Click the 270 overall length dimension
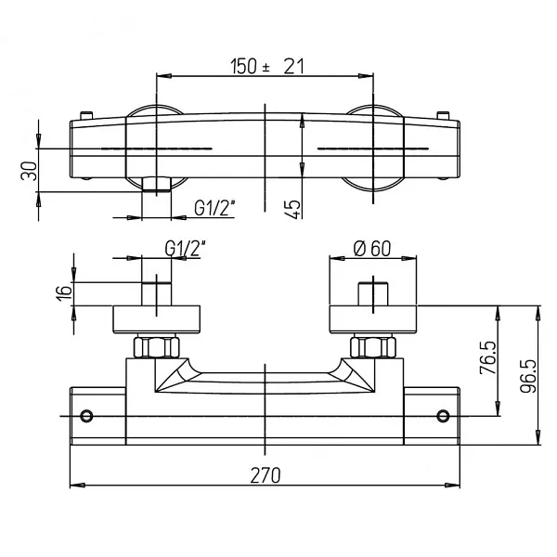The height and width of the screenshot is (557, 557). (x=266, y=475)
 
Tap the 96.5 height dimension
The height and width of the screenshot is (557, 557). (x=528, y=376)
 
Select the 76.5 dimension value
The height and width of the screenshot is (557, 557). (x=488, y=357)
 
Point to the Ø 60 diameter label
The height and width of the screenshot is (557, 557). (x=372, y=249)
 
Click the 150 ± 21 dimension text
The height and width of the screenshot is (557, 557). (x=267, y=67)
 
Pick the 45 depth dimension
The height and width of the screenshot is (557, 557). (x=292, y=209)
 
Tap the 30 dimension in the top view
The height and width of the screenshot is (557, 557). (x=29, y=171)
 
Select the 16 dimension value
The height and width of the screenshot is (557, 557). (x=64, y=293)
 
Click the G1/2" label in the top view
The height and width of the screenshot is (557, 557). (x=215, y=208)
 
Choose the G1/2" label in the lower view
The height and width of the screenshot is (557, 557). (x=186, y=249)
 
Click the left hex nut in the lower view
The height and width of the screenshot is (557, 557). (x=156, y=347)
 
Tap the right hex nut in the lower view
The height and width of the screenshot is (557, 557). (x=373, y=347)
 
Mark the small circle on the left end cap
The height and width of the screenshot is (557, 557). (x=86, y=416)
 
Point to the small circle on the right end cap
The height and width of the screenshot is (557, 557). (x=443, y=416)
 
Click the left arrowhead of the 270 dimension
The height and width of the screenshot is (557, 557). (x=77, y=485)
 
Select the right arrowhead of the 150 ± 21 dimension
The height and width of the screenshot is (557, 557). (x=366, y=76)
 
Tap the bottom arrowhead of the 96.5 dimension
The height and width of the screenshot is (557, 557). (x=538, y=437)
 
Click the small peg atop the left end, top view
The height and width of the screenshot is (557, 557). (x=86, y=116)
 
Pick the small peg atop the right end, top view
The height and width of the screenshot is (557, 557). (x=443, y=116)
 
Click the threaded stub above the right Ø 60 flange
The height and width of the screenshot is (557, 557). (x=373, y=293)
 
